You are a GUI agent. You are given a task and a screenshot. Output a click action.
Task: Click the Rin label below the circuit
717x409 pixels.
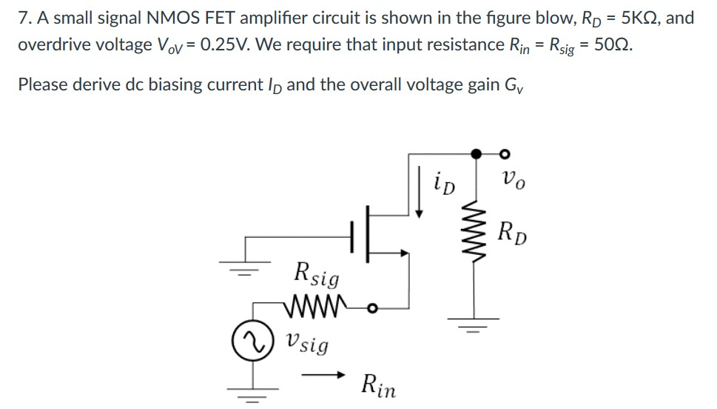[x=379, y=385]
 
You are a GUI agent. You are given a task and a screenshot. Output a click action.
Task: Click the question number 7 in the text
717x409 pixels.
[x=22, y=18]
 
